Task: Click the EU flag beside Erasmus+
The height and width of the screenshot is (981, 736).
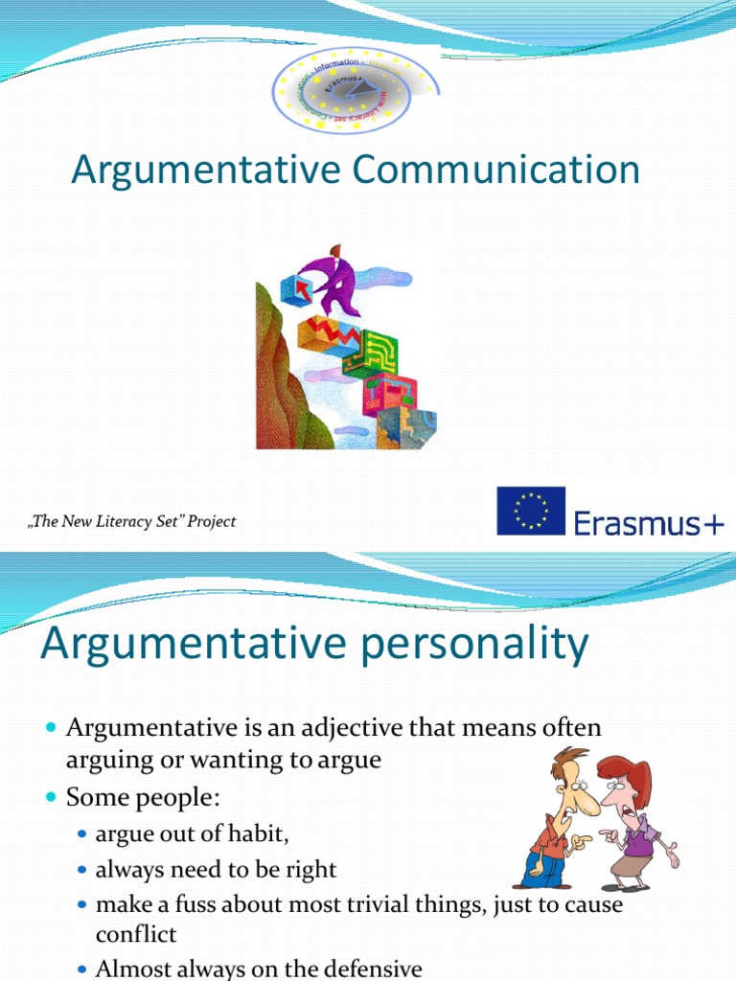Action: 530,511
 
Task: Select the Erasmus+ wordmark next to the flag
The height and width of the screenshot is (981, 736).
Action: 649,523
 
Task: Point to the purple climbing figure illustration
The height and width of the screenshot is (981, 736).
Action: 334,278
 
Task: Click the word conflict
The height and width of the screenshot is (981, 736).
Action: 136,934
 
